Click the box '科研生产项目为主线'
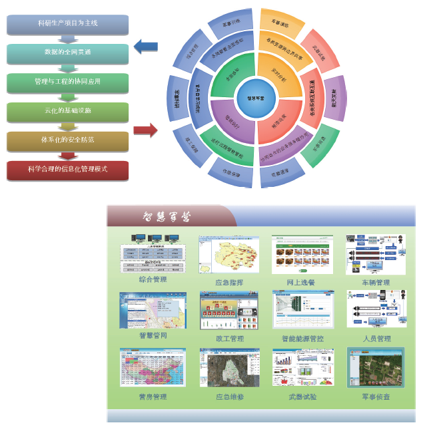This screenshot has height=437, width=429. coord(67,24)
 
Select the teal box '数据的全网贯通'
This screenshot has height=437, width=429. coord(67,53)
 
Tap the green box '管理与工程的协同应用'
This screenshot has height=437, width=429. coord(67,82)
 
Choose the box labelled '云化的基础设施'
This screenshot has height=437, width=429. coord(67,111)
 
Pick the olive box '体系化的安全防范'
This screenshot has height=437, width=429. coord(67,140)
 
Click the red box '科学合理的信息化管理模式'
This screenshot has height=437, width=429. coord(67,170)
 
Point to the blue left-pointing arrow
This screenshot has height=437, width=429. coord(145,47)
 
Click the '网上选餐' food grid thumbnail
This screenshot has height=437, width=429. coord(302,253)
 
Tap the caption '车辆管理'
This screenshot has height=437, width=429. coord(376,283)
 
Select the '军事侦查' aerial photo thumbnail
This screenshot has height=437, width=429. coord(376,368)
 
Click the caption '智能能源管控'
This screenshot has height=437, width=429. coord(302,339)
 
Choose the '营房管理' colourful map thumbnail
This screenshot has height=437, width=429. coord(153,368)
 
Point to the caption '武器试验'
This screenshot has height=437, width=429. coord(302,397)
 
